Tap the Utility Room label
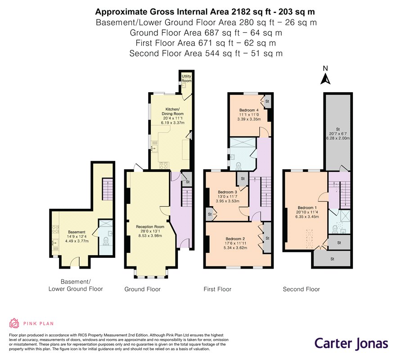point(187,78)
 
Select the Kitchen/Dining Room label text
point(173,112)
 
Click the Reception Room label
point(150,227)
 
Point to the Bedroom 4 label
point(249,110)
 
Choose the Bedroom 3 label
point(227,192)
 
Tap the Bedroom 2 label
point(235,238)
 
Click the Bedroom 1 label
point(307,207)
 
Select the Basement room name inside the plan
point(77,232)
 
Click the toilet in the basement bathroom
point(106,241)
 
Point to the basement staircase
point(107,189)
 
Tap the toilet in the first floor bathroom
point(239,166)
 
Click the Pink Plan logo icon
point(14,323)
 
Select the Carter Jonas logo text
point(351,344)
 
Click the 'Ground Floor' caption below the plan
point(143,289)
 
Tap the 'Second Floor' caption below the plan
point(301,289)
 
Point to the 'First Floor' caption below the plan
point(217,289)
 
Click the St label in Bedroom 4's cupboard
point(267,101)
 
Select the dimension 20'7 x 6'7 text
point(338,134)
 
